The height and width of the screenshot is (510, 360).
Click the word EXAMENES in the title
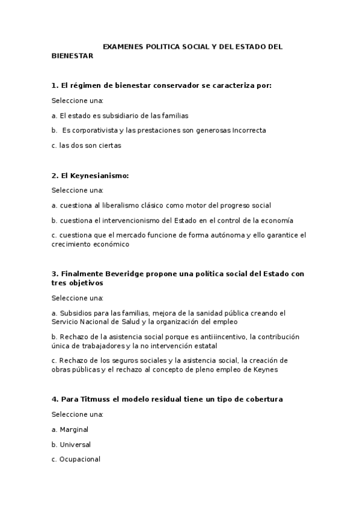tap(121, 46)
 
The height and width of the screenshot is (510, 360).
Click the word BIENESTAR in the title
tap(72, 55)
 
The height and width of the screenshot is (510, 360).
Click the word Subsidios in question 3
tap(75, 313)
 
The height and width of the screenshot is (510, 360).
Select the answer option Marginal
tap(74, 429)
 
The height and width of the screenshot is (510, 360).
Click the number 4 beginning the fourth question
tap(54, 399)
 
